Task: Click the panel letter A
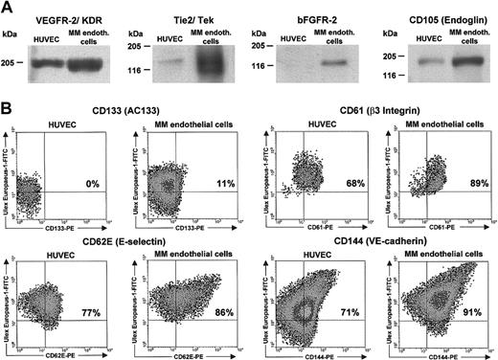pos(8,8)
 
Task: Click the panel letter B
pos(8,123)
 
